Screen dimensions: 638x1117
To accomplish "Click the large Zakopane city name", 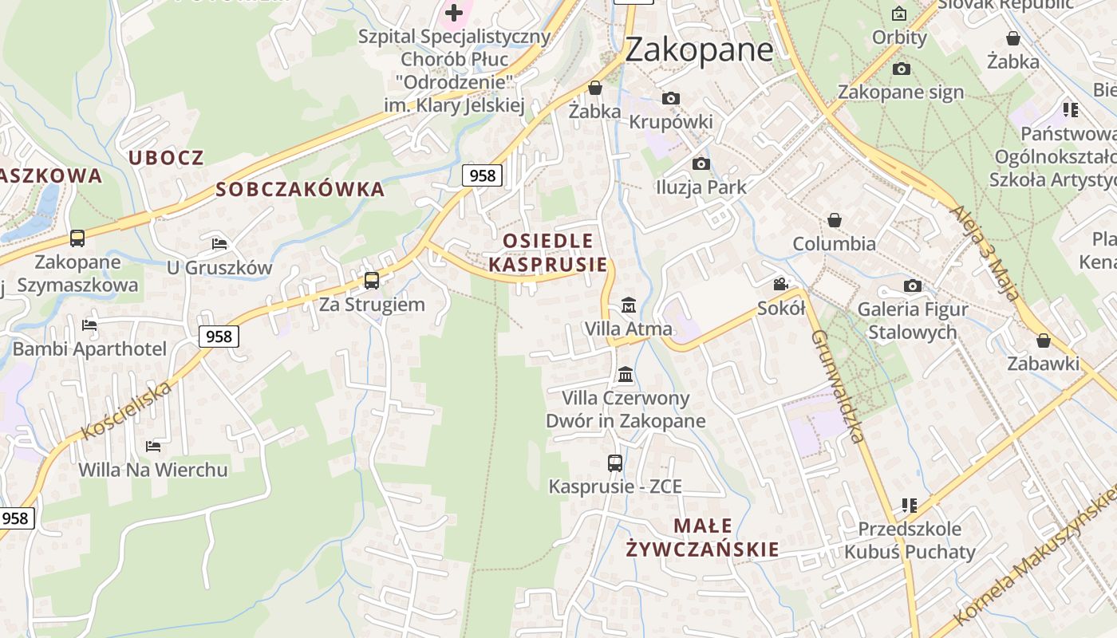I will tap(699, 49).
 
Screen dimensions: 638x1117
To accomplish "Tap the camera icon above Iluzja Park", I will tap(701, 163).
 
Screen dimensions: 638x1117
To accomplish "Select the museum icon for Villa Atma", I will tap(628, 305).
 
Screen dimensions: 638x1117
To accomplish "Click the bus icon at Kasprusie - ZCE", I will tap(614, 463).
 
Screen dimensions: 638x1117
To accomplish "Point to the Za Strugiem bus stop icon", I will tap(372, 280).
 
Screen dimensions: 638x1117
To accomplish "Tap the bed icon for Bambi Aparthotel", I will tap(89, 325).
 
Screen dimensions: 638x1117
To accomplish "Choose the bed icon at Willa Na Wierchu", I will tap(153, 446).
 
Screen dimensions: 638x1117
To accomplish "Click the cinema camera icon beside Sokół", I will tap(780, 284).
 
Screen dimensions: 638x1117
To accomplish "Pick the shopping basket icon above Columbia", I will tap(834, 219).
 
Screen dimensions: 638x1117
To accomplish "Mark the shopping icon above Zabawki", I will tap(1043, 341).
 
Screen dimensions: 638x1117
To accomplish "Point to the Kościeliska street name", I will tap(127, 411).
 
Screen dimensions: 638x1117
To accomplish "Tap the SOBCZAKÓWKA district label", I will tap(300, 190).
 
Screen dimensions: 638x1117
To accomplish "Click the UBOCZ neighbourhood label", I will tap(166, 158).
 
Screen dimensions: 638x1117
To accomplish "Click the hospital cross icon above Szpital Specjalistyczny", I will tap(454, 12).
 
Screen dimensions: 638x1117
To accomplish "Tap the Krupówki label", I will tap(671, 122).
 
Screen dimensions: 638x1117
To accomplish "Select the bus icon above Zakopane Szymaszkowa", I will tap(77, 238).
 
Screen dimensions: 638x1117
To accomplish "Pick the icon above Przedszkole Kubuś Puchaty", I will tap(910, 505).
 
